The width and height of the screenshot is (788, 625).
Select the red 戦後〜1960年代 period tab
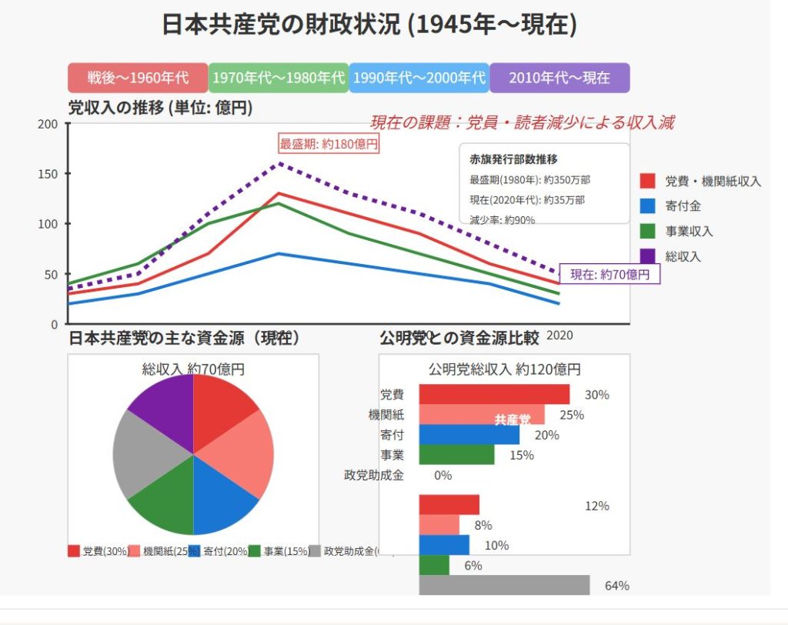138,78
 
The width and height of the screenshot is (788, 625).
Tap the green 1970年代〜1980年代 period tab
279,78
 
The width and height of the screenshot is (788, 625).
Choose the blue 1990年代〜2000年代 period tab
419,78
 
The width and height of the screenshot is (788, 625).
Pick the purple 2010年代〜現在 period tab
559,78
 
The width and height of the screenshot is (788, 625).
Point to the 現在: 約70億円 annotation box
609,273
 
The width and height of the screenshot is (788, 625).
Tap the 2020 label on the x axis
559,336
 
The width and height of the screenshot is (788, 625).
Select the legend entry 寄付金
683,206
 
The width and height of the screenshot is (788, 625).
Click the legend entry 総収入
683,256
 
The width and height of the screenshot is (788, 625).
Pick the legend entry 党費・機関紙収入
713,182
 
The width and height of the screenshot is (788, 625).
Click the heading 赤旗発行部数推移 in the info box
513,159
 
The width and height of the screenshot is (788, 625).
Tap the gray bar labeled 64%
504,585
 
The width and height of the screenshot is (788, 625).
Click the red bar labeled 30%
494,394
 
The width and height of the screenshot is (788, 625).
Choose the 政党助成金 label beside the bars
373,475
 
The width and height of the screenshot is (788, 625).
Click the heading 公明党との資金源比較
459,339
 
